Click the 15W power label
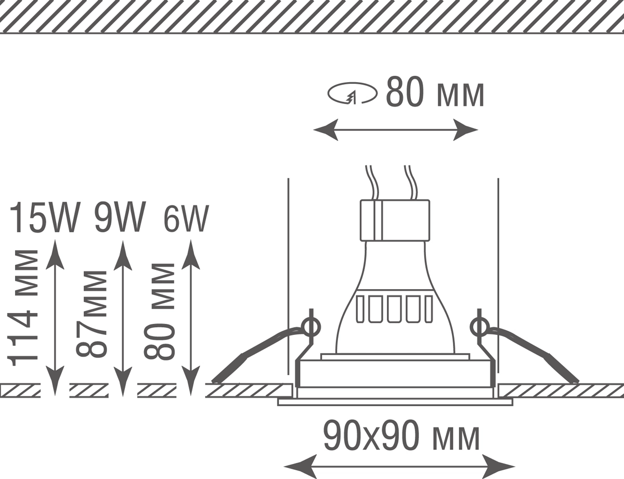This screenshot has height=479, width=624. coord(45,217)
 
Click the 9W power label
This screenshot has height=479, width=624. coord(120,217)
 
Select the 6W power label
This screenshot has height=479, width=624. coord(186,218)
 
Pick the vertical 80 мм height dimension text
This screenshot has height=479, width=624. coord(160,311)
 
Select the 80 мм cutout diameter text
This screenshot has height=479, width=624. coord(435,92)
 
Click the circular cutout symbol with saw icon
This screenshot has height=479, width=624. coord(353,93)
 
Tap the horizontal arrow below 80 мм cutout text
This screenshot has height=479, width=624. coord(396,130)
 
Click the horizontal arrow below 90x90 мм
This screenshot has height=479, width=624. coord(399,466)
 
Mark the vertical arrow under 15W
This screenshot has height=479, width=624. coord(55,318)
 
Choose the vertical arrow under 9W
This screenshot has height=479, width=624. coord(123,319)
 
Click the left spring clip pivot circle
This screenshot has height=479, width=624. coord(311,327)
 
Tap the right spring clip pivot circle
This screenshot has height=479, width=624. coord(479,327)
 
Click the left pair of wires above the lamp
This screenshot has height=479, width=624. coord(372,183)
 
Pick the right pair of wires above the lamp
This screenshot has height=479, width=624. coord(411,183)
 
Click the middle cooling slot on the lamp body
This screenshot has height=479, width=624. coord(394,309)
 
